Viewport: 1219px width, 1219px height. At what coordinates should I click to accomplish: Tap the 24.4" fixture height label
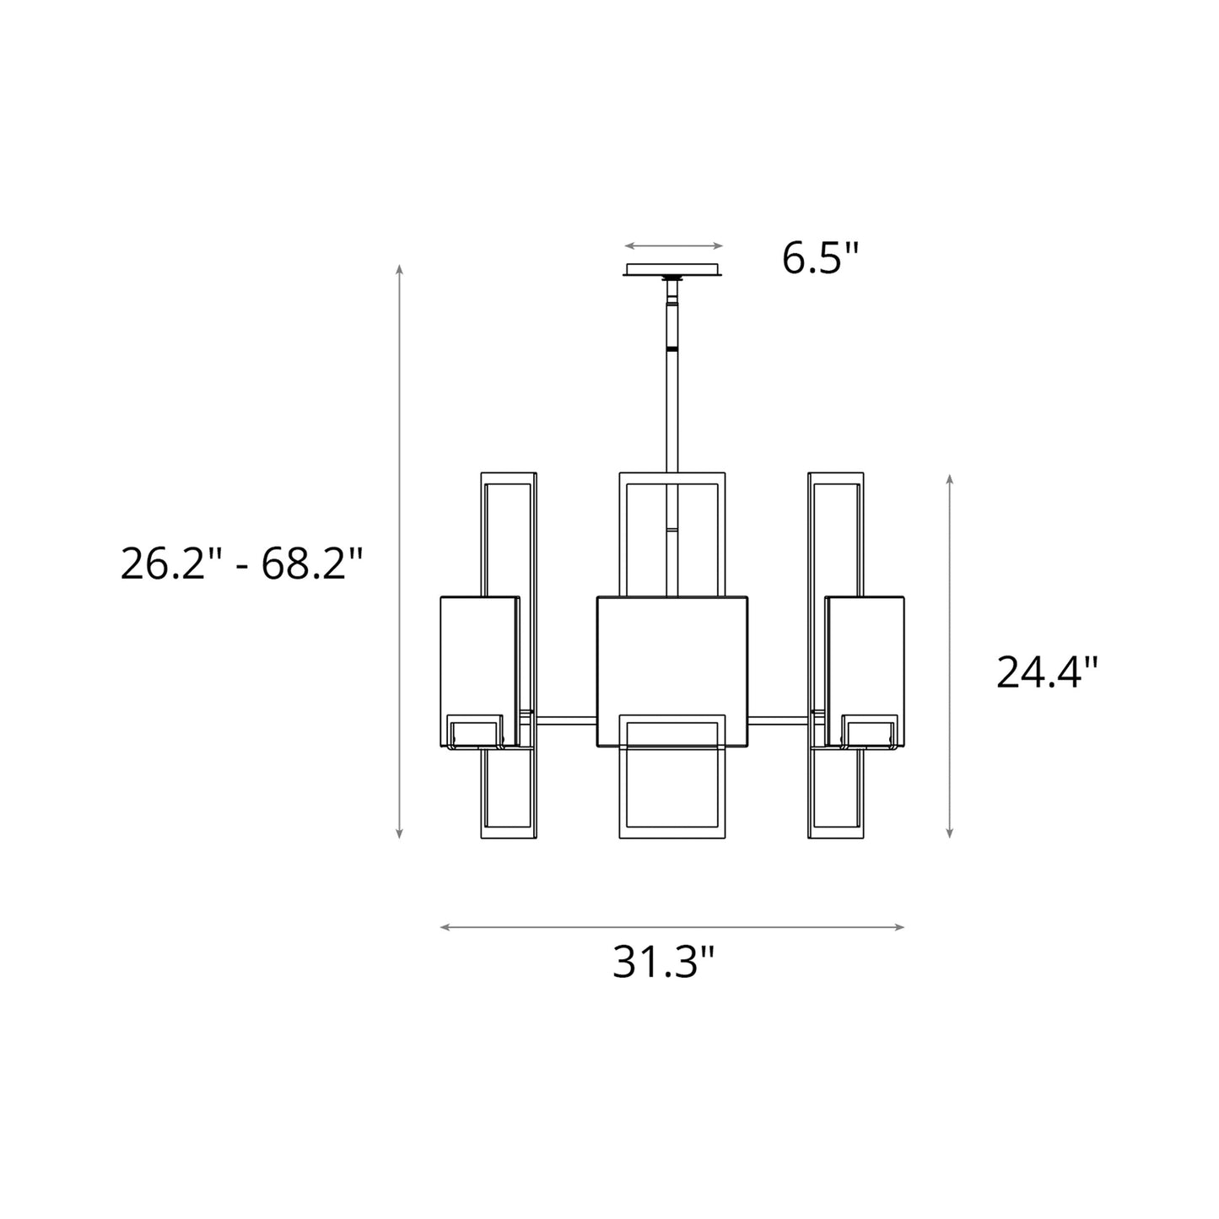point(1047,672)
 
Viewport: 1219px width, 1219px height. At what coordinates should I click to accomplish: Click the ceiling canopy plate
point(672,270)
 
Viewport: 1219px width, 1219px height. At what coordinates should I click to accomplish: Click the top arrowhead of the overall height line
point(399,268)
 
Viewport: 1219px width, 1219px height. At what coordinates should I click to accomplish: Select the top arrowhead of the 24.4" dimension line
point(949,479)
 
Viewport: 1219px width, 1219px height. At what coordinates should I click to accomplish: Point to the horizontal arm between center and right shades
point(778,720)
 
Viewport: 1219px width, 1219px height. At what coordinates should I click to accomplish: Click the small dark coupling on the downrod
point(672,347)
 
